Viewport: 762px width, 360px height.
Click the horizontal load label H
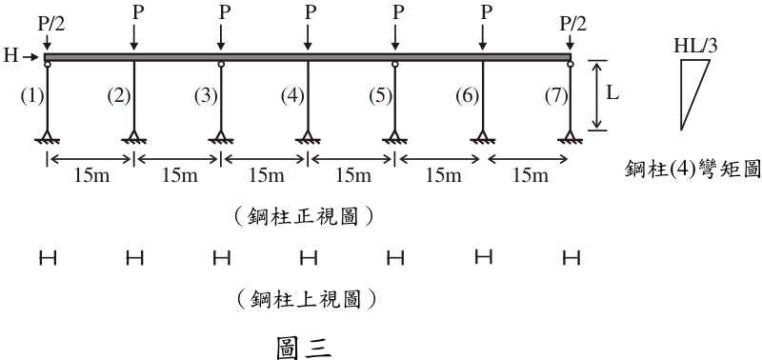[x=10, y=56]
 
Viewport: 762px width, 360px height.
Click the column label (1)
[x=32, y=96]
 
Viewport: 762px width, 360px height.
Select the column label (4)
[x=292, y=96]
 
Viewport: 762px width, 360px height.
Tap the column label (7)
[x=556, y=96]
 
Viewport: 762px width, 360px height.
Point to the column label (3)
[x=206, y=96]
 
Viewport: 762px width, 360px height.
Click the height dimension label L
[x=612, y=92]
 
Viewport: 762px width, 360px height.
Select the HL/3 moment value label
[x=695, y=46]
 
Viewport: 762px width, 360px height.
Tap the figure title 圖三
[x=304, y=347]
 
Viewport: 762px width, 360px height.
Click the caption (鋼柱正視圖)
[x=304, y=217]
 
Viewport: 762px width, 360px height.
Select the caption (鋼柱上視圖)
[x=307, y=299]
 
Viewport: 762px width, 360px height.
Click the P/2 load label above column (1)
[x=51, y=23]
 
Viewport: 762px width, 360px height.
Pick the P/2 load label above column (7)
[x=573, y=23]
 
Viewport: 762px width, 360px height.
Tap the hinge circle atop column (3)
[x=221, y=64]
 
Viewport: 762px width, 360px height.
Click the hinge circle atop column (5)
[x=395, y=64]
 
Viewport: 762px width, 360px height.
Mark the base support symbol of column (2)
[x=134, y=137]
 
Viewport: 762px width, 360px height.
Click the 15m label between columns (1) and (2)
[x=91, y=175]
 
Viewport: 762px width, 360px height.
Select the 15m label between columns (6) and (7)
[x=531, y=175]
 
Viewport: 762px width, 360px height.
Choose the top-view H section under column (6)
[x=483, y=256]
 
